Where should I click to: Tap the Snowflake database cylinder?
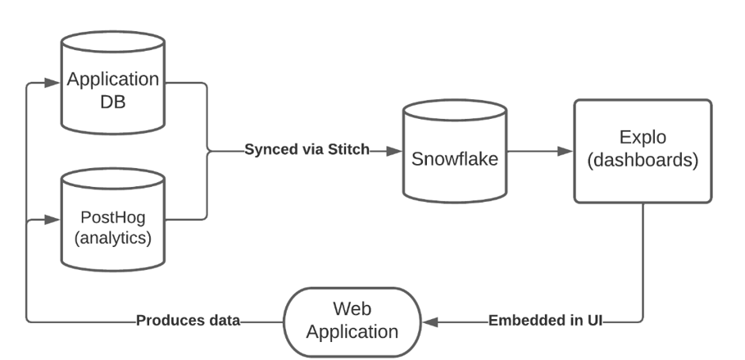point(453,156)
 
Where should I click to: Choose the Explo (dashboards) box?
point(642,151)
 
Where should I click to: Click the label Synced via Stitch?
point(307,150)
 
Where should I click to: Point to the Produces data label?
point(188,321)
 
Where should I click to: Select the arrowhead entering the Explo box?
point(566,151)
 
